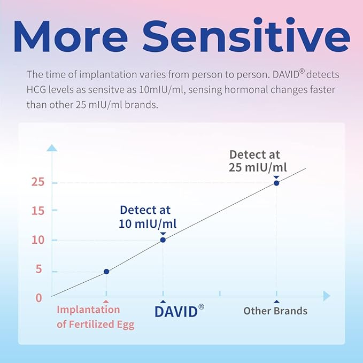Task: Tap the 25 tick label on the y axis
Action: [x=36, y=183]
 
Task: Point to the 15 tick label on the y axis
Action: [x=36, y=211]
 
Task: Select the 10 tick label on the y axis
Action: [x=36, y=240]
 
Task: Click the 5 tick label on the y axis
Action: [x=38, y=270]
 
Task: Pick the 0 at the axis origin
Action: [x=38, y=298]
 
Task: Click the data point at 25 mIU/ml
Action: [x=276, y=183]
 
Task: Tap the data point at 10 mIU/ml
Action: [x=163, y=240]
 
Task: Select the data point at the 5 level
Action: [x=106, y=272]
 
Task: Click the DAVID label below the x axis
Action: [x=176, y=312]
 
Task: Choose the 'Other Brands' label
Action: [x=275, y=311]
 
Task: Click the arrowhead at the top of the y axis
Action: [x=52, y=148]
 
